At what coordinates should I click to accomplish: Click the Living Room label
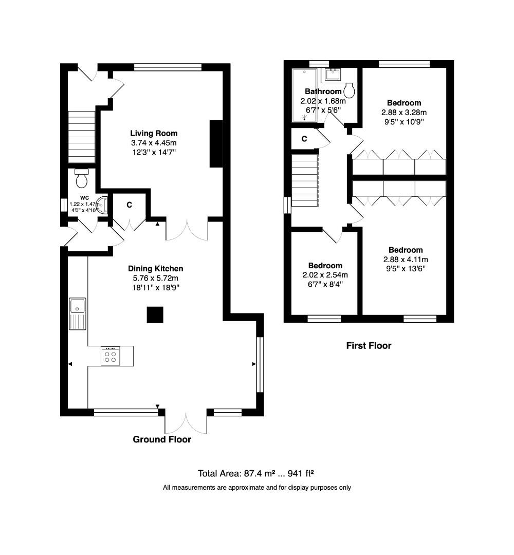154,134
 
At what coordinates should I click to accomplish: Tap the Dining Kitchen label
155,269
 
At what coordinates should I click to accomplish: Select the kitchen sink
78,313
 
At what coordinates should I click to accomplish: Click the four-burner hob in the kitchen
111,356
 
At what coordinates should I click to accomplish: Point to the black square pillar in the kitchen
155,314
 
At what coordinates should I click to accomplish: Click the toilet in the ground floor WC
81,178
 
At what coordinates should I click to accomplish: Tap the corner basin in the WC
102,205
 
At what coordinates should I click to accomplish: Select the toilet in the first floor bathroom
349,90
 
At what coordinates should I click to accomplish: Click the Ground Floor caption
162,439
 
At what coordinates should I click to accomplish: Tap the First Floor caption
369,346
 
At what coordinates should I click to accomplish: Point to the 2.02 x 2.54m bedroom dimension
325,275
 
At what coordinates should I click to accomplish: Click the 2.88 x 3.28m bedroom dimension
404,113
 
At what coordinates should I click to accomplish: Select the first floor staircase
305,180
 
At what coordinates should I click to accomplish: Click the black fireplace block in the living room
216,144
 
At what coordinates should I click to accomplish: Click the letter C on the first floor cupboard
304,139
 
